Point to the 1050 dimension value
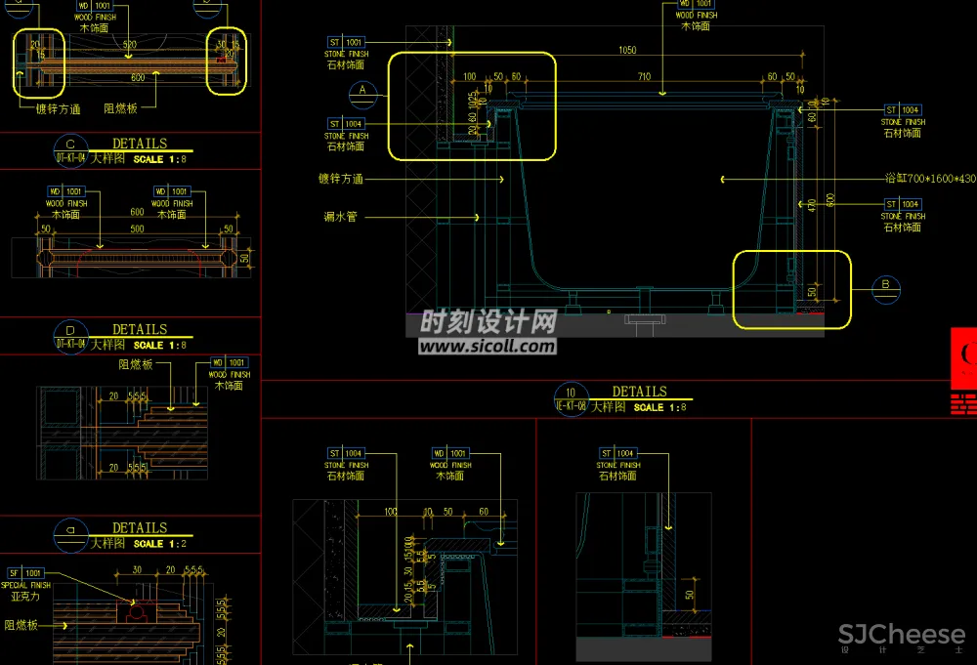(x=626, y=50)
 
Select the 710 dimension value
(x=643, y=76)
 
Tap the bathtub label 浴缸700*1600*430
(x=929, y=179)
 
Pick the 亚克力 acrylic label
(x=25, y=596)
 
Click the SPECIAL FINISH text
(x=27, y=584)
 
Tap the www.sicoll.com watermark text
(x=488, y=346)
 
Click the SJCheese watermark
(x=901, y=636)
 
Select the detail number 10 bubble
(x=570, y=394)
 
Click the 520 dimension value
(x=130, y=45)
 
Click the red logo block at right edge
(x=963, y=371)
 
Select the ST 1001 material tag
(x=346, y=42)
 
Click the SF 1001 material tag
(x=25, y=572)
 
